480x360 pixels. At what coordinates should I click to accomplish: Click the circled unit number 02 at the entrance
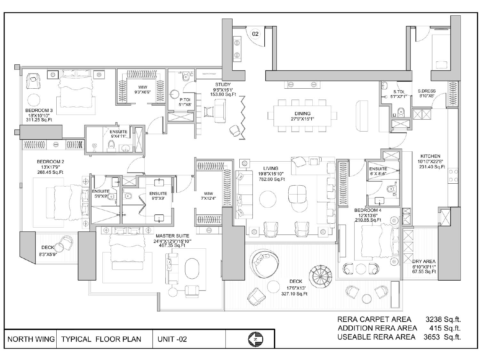coord(255,34)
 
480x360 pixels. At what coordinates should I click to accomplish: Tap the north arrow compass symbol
coord(255,339)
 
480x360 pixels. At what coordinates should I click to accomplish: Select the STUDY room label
coord(223,84)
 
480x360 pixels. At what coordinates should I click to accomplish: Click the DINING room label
coord(302,114)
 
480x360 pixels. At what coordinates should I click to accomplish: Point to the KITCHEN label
coord(430,156)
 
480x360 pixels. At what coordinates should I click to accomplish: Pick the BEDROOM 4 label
coord(368,210)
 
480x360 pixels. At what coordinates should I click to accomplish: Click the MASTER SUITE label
coord(172,236)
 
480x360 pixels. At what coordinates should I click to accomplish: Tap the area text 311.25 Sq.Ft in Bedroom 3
coord(39,120)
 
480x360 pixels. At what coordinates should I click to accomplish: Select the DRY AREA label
coord(424,261)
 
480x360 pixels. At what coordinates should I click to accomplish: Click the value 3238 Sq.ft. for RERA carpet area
coord(443,320)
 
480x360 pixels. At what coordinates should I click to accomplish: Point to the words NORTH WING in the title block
coord(31,339)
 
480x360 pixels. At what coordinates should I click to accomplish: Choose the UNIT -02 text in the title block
coord(172,339)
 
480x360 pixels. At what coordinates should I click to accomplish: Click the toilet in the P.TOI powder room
coord(186,76)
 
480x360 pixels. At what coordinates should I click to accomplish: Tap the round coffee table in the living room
coord(268,199)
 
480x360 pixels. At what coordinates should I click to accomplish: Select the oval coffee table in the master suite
coord(192,268)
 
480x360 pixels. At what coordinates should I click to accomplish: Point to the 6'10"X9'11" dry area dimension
coord(424,267)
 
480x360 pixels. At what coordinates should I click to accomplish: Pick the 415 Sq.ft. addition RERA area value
coord(445,328)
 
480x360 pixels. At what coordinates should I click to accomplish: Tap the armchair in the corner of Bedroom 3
coord(33,81)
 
